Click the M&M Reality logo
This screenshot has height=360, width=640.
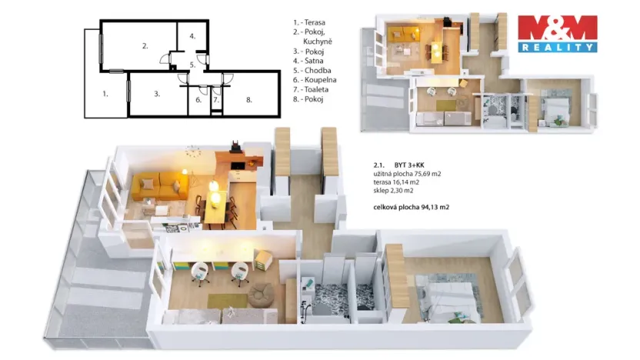[x=557, y=33]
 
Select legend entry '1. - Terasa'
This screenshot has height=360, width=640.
[x=310, y=23]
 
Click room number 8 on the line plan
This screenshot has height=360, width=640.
[x=248, y=99]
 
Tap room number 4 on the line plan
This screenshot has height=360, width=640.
[x=193, y=36]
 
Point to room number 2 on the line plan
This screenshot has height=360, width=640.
[x=145, y=46]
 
